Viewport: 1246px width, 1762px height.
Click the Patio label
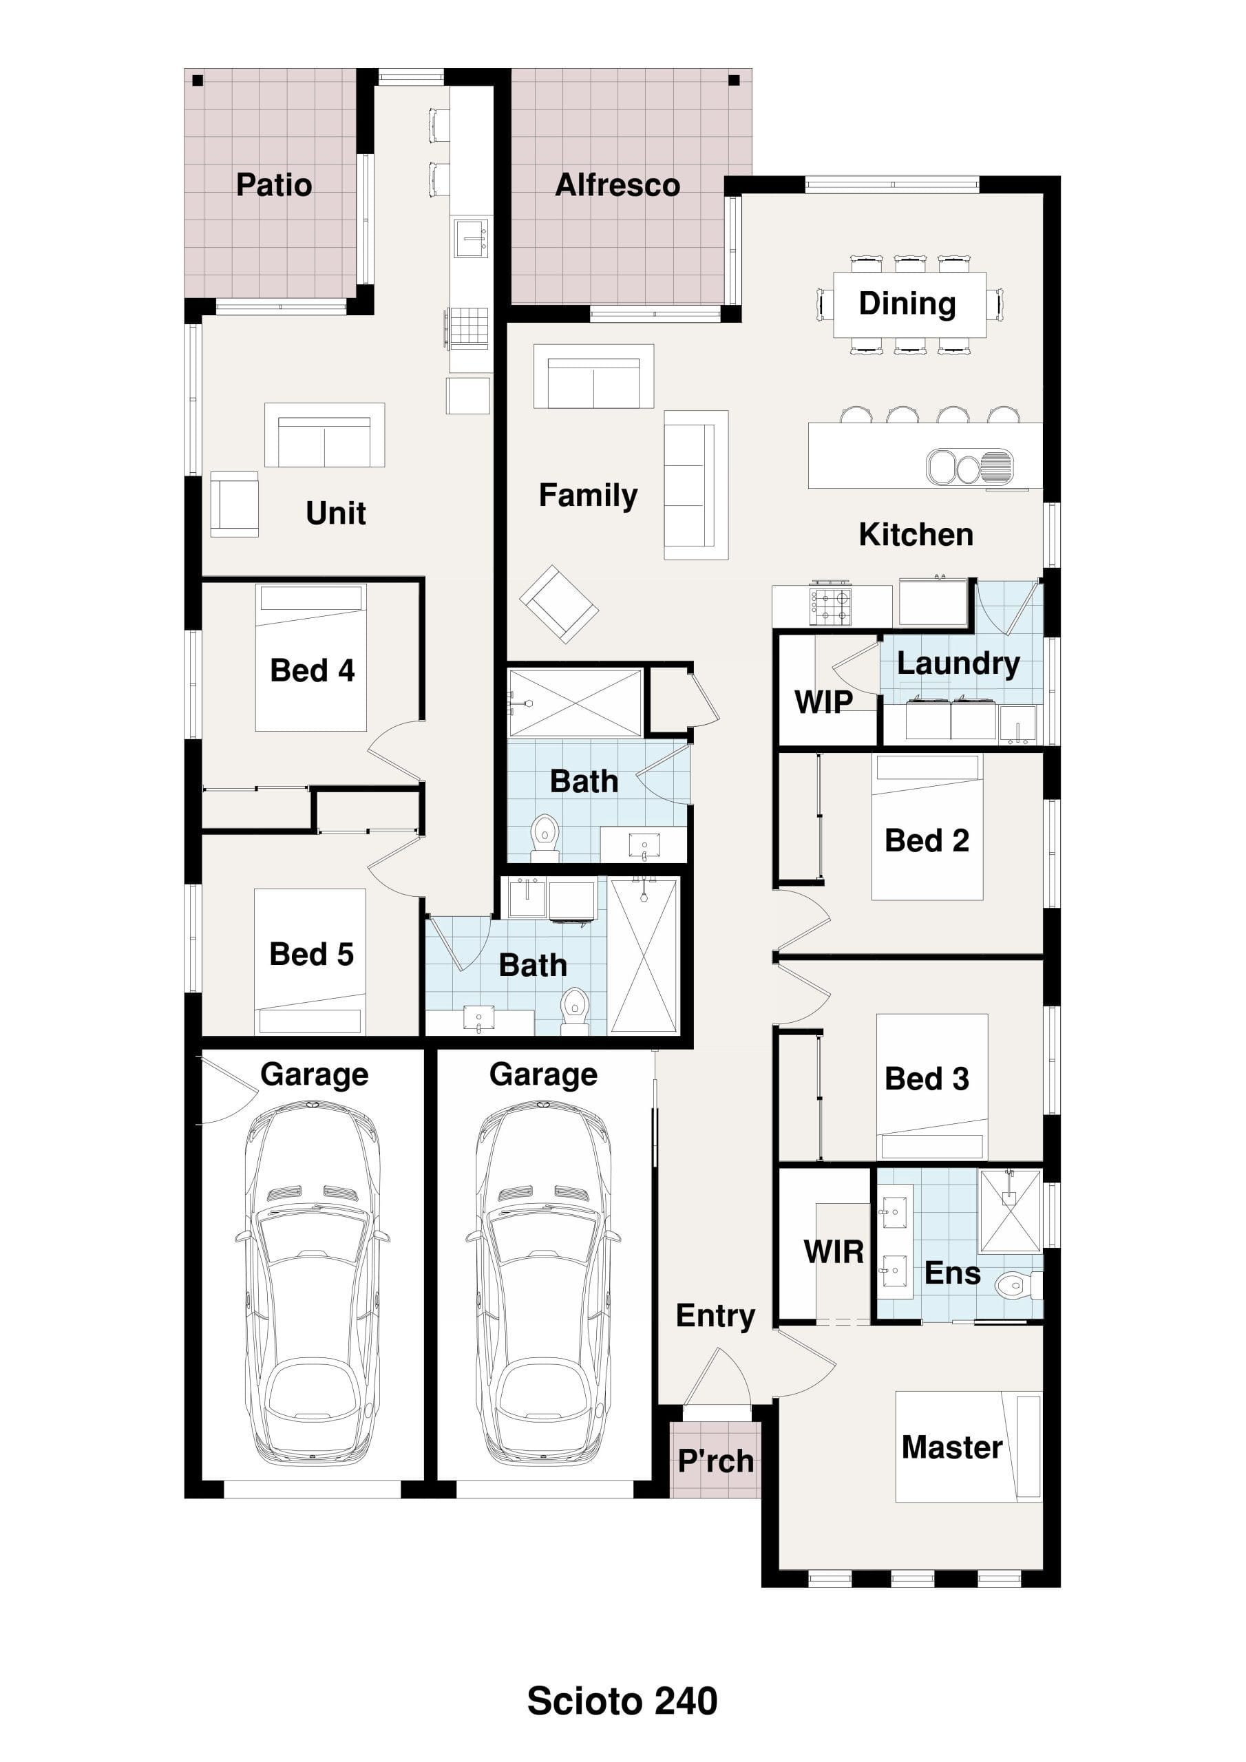[274, 185]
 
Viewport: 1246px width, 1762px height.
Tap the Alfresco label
[617, 185]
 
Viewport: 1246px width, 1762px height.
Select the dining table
[910, 305]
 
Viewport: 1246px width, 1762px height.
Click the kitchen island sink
[970, 466]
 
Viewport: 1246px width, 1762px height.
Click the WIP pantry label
[823, 701]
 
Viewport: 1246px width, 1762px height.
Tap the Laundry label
[958, 664]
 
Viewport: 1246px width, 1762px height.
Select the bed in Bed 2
[927, 827]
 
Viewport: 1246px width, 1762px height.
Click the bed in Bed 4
[311, 658]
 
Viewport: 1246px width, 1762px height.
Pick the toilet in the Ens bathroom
[1018, 1284]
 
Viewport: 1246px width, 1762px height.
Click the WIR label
[834, 1252]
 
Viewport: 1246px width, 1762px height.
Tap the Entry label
[715, 1316]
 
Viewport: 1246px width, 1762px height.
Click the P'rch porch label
[715, 1461]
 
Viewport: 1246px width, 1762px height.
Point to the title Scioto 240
[622, 1701]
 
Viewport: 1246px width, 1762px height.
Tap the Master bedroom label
[952, 1447]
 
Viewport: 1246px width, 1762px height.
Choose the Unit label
[335, 513]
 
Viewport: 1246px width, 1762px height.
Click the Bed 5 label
[312, 954]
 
